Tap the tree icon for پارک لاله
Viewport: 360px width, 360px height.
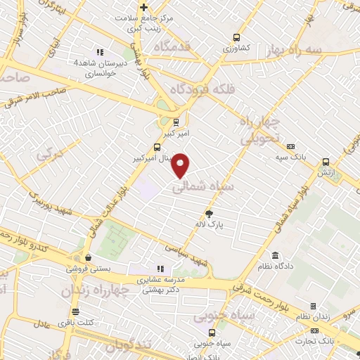click(x=209, y=213)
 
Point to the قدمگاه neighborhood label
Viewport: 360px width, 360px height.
click(x=163, y=46)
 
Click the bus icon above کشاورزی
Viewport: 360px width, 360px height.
click(x=236, y=38)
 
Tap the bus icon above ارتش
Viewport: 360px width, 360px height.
click(x=326, y=162)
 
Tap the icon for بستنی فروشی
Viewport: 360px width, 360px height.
click(x=87, y=257)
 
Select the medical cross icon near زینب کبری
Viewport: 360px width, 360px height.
click(x=144, y=7)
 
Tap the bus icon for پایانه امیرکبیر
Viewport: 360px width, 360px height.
click(x=156, y=148)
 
